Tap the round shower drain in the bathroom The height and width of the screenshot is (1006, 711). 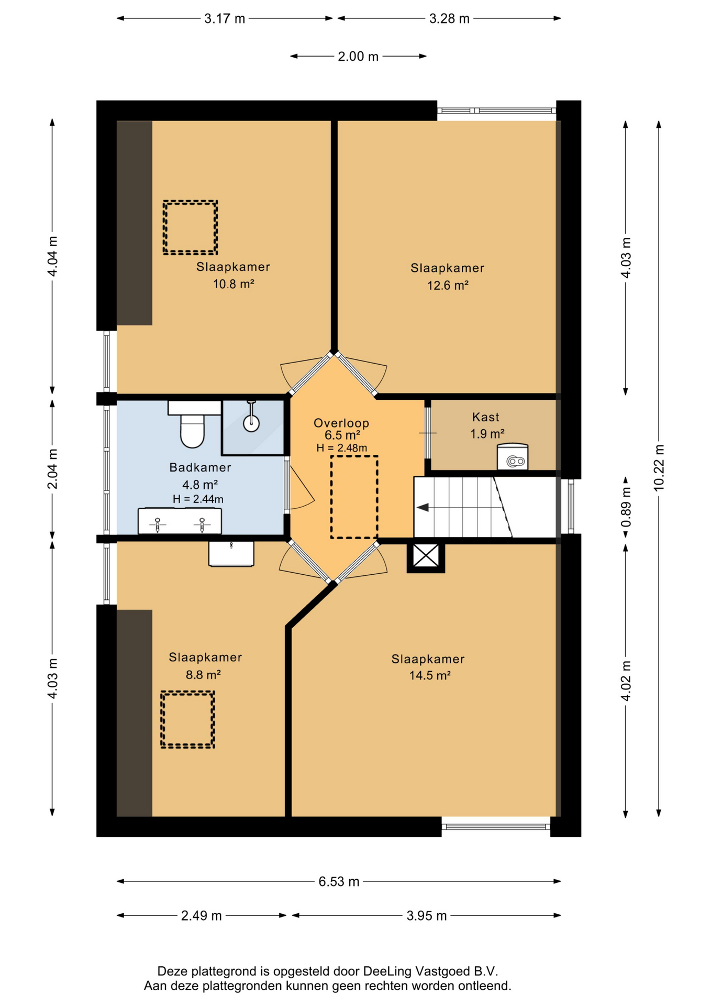(252, 423)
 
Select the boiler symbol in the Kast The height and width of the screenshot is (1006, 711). (513, 456)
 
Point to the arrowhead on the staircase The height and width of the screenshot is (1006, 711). (423, 507)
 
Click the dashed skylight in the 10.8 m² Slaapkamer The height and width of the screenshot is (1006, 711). (190, 227)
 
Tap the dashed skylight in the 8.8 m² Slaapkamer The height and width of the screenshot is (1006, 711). (187, 719)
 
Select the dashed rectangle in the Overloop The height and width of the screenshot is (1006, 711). (354, 497)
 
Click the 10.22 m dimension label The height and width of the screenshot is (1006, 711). (659, 468)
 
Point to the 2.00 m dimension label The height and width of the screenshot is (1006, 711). (358, 56)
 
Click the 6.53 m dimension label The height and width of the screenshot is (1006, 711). (339, 881)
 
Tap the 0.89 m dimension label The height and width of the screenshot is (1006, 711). (626, 507)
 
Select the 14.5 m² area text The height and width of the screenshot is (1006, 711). (430, 675)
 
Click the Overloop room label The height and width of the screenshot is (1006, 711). (341, 423)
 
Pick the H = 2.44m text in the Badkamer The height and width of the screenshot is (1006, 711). (198, 499)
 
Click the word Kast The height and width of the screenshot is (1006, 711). (485, 417)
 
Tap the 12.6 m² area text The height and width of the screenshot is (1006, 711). (448, 286)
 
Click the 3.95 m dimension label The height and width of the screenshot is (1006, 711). (427, 915)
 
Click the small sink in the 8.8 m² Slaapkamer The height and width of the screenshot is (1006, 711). (231, 554)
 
